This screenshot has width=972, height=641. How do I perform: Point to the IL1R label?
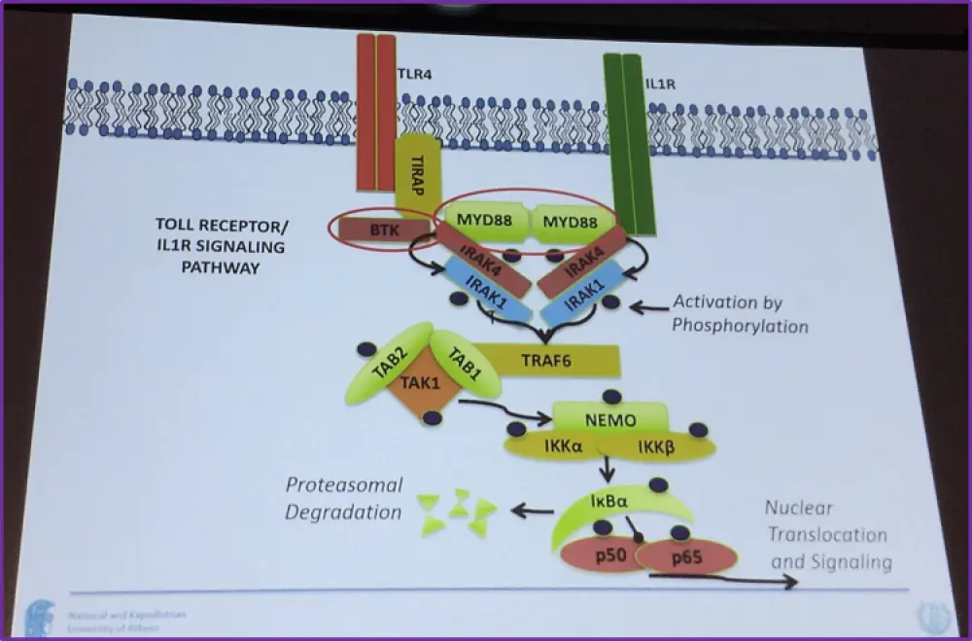(x=661, y=86)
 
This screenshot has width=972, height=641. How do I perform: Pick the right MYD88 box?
(x=571, y=223)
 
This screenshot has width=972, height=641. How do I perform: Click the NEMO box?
(x=610, y=419)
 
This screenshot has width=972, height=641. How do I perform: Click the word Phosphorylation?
(x=740, y=327)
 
